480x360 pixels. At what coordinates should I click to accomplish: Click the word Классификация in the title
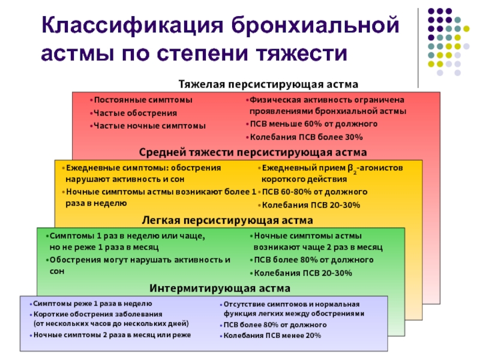click(x=132, y=26)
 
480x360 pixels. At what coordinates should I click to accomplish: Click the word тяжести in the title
click(x=302, y=53)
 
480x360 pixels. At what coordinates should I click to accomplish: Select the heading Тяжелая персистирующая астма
click(x=268, y=84)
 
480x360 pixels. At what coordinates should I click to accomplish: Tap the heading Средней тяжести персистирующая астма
click(x=253, y=152)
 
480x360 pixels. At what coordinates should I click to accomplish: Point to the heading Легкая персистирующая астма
click(x=227, y=220)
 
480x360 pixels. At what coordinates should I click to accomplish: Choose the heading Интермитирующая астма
click(x=220, y=288)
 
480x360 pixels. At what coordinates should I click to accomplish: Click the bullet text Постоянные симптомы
click(x=143, y=100)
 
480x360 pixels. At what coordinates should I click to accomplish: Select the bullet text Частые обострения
click(x=136, y=113)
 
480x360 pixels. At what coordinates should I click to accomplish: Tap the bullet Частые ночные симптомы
click(x=149, y=126)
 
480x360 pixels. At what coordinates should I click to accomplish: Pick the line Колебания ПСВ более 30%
click(x=307, y=137)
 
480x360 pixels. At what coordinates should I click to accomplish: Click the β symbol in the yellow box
click(x=350, y=169)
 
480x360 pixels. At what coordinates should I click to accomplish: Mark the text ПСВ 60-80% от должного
click(x=314, y=192)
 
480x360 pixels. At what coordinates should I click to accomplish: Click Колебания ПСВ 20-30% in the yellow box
click(x=311, y=205)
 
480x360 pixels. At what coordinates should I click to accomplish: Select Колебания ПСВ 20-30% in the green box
click(x=303, y=273)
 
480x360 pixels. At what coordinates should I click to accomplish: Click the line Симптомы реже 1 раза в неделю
click(x=93, y=304)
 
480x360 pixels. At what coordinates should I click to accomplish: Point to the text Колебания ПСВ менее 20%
click(x=272, y=335)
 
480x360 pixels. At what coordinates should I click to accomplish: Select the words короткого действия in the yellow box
click(x=304, y=179)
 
